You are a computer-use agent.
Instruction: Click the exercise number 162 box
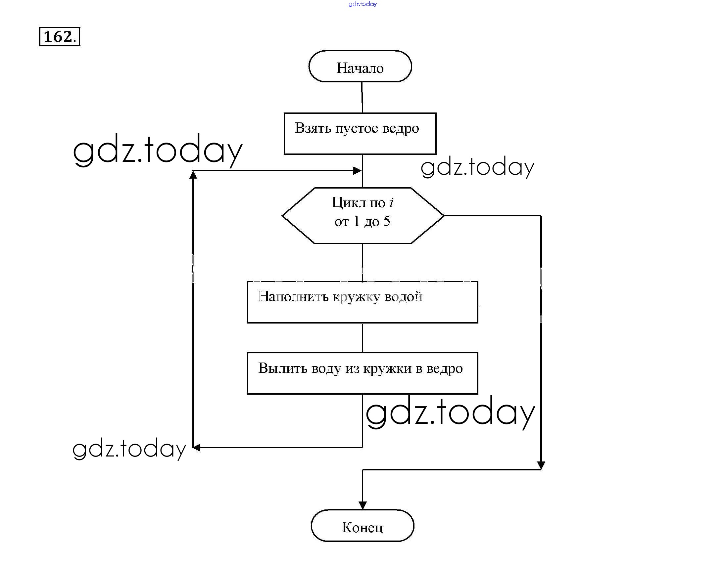60,36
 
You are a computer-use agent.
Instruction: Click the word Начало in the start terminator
360,68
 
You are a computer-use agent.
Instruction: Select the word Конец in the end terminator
362,527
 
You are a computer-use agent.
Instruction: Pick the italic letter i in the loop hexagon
392,202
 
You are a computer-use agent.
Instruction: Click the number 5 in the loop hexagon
387,221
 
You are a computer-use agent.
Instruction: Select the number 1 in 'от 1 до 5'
357,221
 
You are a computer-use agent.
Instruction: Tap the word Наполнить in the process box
293,297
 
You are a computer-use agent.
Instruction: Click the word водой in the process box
403,297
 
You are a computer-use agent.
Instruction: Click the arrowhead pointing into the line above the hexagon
358,171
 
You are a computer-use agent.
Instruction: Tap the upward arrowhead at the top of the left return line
193,175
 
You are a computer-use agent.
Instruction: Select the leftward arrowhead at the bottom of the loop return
197,448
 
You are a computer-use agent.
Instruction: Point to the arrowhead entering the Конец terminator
362,505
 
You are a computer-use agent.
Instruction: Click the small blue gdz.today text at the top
362,4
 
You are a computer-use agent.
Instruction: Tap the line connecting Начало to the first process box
362,97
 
